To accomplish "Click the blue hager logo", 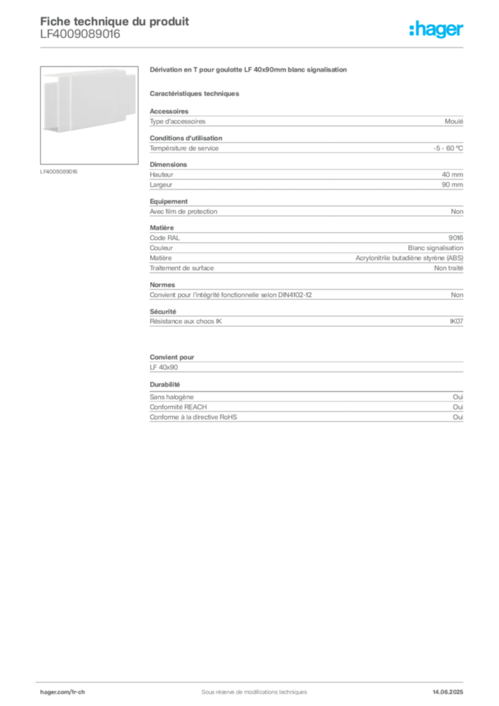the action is pos(437,30).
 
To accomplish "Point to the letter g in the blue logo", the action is pos(438,32).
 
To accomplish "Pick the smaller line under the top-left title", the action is pos(79,39).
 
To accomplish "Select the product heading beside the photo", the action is pos(249,71).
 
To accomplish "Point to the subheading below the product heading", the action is pos(195,92).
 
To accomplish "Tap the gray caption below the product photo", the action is pos(61,172).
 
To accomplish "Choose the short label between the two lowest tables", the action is pos(165,385).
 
